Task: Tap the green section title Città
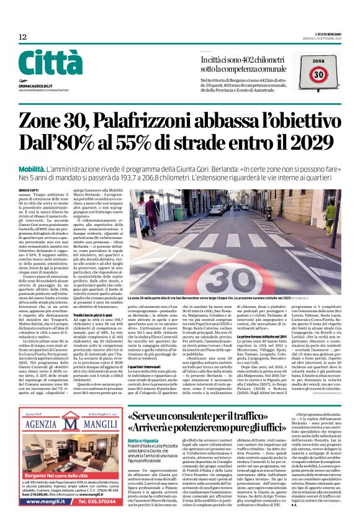[50, 62]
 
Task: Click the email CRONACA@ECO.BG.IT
[38, 79]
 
